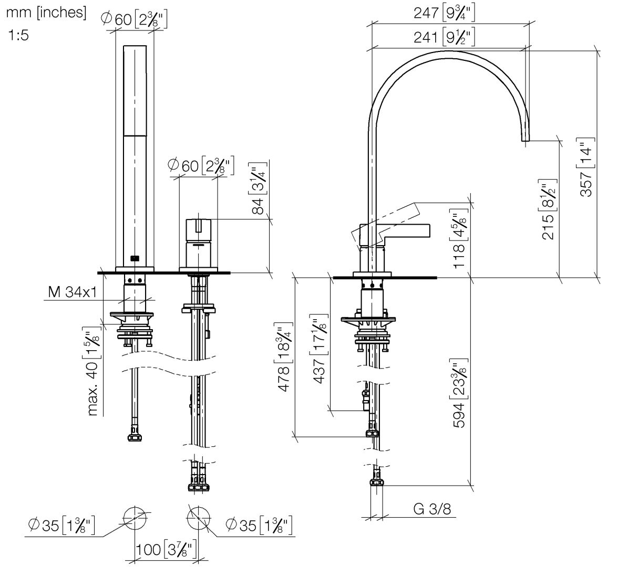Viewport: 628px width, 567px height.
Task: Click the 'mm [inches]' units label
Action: (x=46, y=13)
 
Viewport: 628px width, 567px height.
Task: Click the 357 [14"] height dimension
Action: (x=586, y=167)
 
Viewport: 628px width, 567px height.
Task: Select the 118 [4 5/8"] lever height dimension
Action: (x=459, y=239)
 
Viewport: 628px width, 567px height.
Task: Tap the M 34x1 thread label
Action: (x=72, y=292)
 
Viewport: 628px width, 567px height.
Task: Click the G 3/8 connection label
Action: (x=432, y=508)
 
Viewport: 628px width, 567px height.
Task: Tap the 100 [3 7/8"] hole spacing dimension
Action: (x=166, y=550)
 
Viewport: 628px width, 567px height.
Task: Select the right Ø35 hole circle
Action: (x=199, y=518)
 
